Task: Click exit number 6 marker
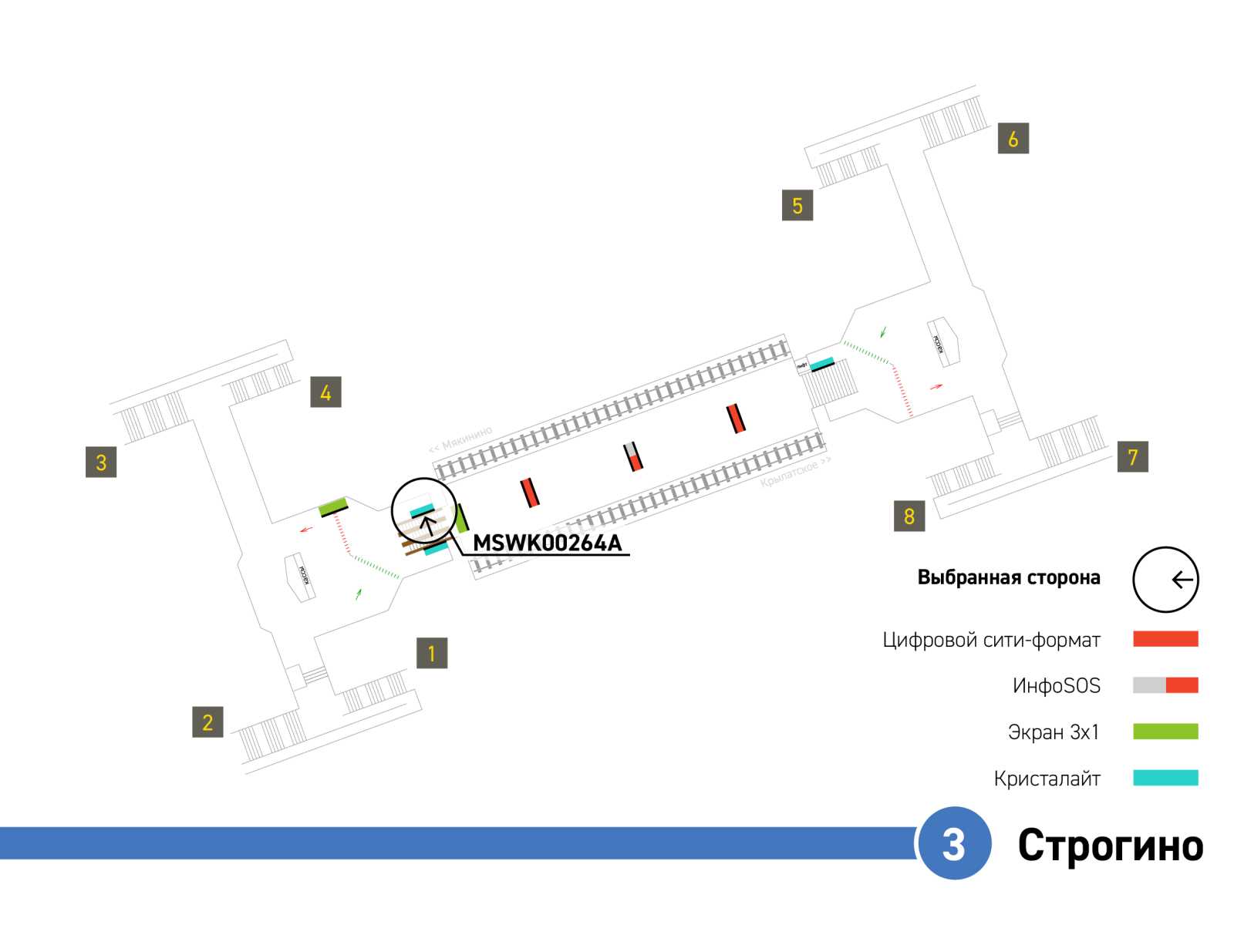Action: click(1013, 139)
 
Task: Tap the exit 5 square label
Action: click(797, 206)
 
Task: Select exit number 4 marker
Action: click(325, 392)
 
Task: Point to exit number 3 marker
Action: click(101, 462)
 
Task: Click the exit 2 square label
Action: click(207, 722)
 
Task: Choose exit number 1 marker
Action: click(432, 653)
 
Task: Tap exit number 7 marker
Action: click(1132, 457)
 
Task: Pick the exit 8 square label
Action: click(909, 516)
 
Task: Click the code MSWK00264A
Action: click(547, 543)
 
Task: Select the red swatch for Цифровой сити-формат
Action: click(1165, 639)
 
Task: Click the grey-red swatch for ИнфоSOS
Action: click(1165, 685)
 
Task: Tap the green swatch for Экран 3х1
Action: click(1165, 732)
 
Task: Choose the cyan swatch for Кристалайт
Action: click(1165, 778)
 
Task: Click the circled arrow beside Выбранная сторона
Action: click(1165, 580)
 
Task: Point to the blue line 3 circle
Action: click(954, 843)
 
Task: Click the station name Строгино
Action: click(1110, 846)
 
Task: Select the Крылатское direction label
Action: click(795, 471)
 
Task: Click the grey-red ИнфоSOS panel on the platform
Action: click(633, 456)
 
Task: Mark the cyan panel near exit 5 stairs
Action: click(821, 363)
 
